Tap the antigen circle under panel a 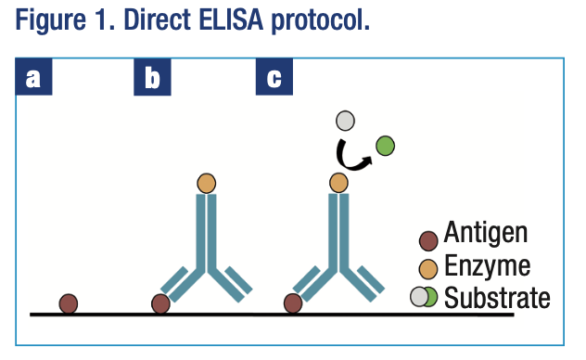coord(69,302)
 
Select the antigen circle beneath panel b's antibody coord(160,302)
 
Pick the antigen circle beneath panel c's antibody coord(293,302)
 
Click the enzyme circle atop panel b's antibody coord(206,182)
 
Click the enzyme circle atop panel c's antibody coord(339,182)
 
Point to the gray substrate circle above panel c coord(345,121)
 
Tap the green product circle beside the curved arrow coord(385,145)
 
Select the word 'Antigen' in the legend coord(486,232)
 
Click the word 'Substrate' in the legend coord(497,298)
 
